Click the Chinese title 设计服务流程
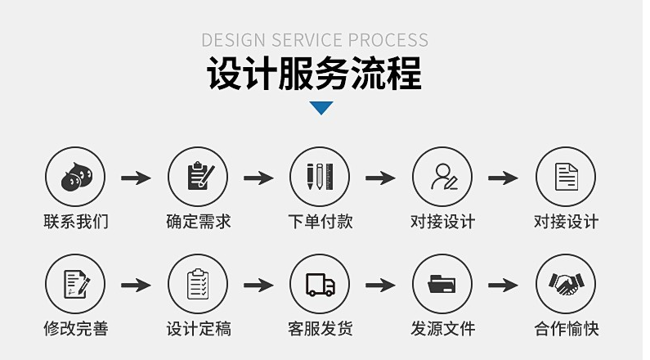[x=314, y=74]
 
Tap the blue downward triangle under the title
[x=321, y=107]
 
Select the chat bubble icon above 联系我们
[x=75, y=177]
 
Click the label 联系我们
[x=75, y=222]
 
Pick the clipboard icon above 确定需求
[x=198, y=177]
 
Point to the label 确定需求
[x=198, y=222]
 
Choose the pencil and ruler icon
[x=320, y=177]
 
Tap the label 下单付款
[x=320, y=222]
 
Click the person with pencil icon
[x=442, y=177]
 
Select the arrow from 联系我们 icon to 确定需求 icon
[x=136, y=178]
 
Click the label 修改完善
[x=75, y=329]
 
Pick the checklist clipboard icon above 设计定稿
[x=198, y=284]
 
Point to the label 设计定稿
[x=198, y=329]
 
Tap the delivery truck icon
[x=320, y=284]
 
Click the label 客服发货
[x=320, y=329]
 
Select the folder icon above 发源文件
[x=442, y=284]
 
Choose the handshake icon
[x=565, y=284]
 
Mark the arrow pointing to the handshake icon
[x=504, y=285]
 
